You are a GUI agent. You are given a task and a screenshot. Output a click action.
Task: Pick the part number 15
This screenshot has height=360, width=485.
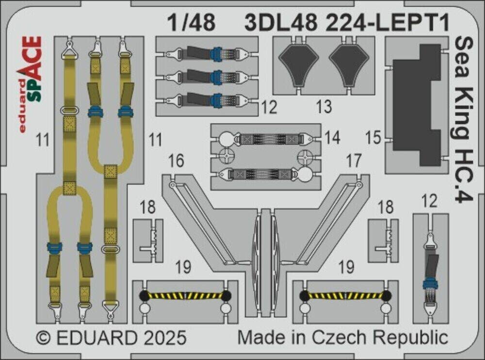(x=374, y=140)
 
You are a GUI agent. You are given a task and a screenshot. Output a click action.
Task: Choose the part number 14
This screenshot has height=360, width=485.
(x=333, y=138)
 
